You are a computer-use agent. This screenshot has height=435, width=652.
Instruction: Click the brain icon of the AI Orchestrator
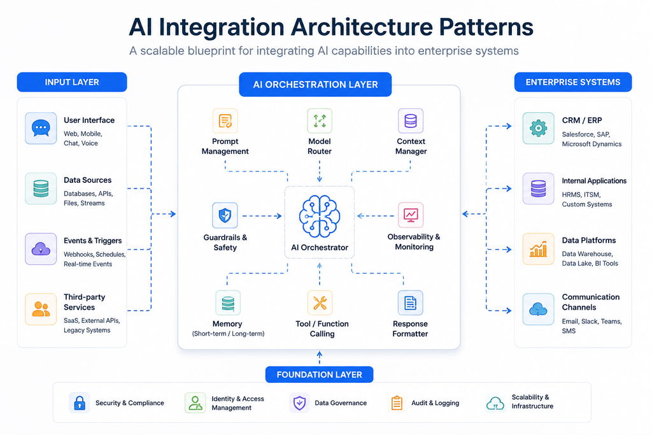(320, 217)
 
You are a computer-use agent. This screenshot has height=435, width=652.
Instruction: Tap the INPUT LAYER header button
(72, 82)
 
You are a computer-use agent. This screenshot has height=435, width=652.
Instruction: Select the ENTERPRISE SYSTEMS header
(573, 82)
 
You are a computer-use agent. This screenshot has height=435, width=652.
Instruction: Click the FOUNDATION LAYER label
(320, 374)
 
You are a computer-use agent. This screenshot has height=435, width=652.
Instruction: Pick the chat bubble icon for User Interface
(41, 128)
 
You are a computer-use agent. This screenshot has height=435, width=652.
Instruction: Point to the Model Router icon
(320, 120)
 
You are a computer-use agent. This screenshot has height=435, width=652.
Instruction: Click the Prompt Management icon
(225, 120)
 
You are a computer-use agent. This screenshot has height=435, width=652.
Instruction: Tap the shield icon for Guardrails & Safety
(225, 215)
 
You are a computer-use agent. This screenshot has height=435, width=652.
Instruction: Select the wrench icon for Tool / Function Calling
(320, 303)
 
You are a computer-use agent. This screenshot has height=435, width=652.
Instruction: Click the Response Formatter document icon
(411, 303)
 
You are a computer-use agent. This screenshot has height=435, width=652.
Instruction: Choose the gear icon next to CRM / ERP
(539, 128)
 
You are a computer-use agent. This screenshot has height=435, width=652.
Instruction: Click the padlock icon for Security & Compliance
(80, 403)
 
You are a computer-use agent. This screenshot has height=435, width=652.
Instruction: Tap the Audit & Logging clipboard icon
(397, 403)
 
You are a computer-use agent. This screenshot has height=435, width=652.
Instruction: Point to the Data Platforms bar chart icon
(539, 249)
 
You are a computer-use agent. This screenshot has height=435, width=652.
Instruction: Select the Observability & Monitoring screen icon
(411, 215)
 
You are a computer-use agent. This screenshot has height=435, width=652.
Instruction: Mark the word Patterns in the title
(486, 27)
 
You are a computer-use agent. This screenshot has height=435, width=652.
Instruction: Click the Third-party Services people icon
(41, 310)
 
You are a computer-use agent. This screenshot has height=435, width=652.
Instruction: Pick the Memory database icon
(228, 303)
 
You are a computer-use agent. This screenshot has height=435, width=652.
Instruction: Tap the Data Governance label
(341, 403)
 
